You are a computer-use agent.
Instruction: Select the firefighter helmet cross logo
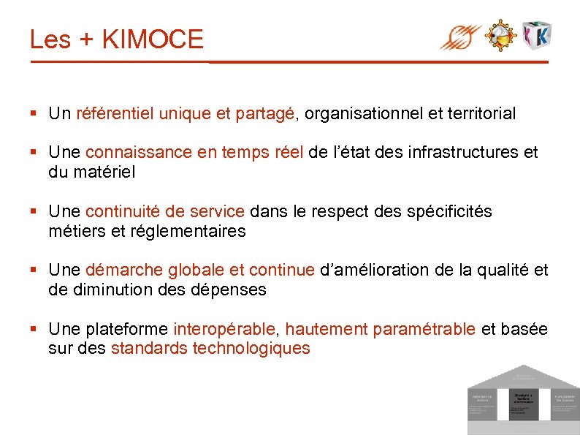point(501,35)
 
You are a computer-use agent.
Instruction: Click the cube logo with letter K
point(537,34)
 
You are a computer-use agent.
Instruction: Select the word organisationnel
point(362,114)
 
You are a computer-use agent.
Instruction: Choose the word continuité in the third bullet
point(121,212)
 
